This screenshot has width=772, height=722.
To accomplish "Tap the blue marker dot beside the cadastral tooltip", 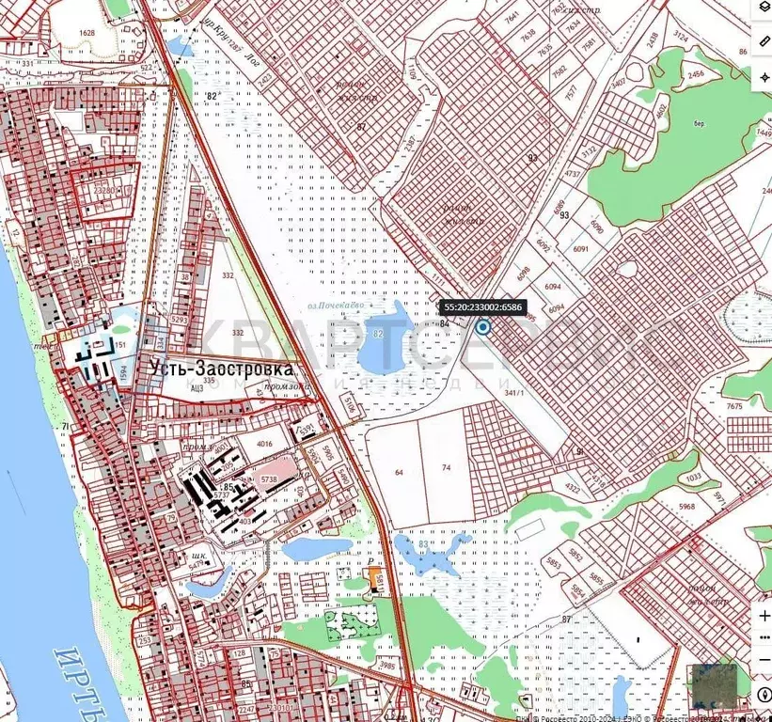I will pyautogui.click(x=483, y=327).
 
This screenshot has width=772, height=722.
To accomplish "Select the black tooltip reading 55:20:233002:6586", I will pyautogui.click(x=483, y=306).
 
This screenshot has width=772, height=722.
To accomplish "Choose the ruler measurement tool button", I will pyautogui.click(x=763, y=43).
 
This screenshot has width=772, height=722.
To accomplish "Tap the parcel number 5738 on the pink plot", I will pyautogui.click(x=268, y=479).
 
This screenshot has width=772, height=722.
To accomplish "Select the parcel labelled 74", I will pyautogui.click(x=447, y=467).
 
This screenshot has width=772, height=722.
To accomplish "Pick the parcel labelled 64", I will pyautogui.click(x=399, y=472).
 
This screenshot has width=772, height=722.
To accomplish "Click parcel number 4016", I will pyautogui.click(x=263, y=445).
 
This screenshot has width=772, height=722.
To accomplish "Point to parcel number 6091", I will pyautogui.click(x=579, y=248).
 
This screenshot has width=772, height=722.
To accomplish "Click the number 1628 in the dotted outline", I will pyautogui.click(x=87, y=33).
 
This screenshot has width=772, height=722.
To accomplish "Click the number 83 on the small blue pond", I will pyautogui.click(x=424, y=544).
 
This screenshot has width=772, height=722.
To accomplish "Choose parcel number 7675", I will pyautogui.click(x=733, y=406).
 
